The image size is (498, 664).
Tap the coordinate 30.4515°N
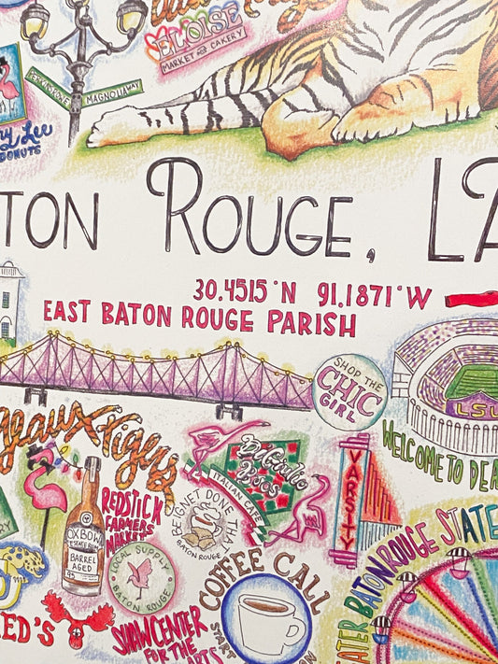tap(245, 292)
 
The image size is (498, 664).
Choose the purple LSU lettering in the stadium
tap(472, 407)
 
